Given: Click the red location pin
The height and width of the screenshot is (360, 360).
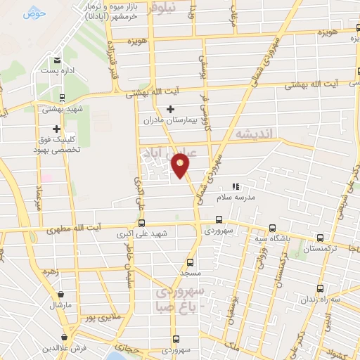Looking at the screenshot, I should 181,166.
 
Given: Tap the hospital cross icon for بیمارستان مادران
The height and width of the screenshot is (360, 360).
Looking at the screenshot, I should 170,109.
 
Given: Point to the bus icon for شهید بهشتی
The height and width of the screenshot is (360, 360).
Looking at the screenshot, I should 62,98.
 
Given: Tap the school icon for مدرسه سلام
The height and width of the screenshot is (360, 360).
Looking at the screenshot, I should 236,187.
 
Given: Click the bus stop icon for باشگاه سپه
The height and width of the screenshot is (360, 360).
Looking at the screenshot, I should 272,228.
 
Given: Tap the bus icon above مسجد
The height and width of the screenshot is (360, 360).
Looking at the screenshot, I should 188,261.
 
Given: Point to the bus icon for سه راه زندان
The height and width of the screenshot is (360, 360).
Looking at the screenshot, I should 321,288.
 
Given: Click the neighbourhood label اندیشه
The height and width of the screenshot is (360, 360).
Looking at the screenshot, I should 253,133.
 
